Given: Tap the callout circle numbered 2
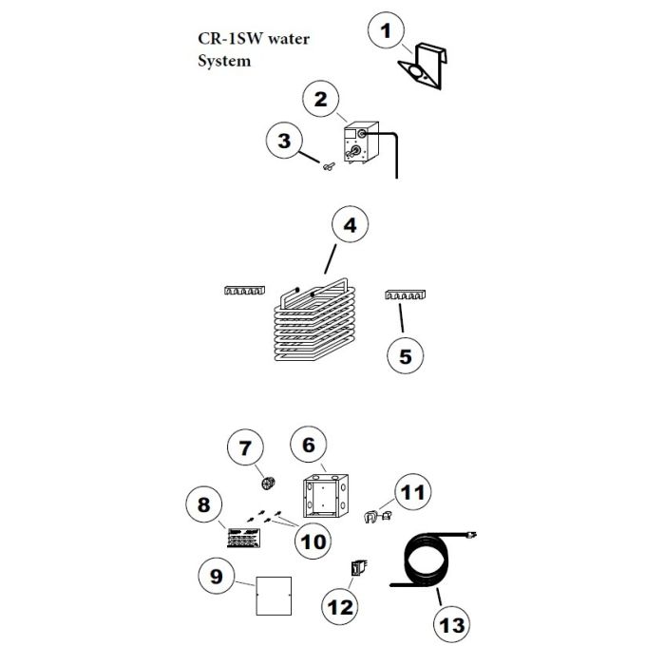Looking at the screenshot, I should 321,100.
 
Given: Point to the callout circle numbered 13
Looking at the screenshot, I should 450,624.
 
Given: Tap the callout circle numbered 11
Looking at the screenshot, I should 411,493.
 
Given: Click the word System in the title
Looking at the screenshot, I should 224,62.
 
